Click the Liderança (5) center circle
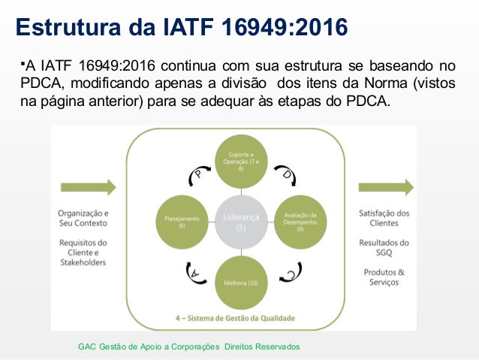(240, 222)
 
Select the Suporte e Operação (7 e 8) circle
(240, 162)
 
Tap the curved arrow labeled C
(289, 272)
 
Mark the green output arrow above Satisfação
(386, 187)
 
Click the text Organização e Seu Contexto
(83, 218)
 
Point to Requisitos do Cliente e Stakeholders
(83, 253)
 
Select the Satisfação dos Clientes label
(384, 218)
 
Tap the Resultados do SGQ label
(384, 247)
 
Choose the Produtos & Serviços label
(384, 277)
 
